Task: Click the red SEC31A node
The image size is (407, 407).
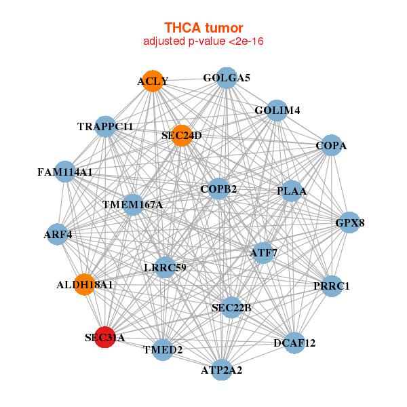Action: [104, 336]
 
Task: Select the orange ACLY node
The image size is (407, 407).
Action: [153, 81]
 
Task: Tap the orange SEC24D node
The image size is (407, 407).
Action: [182, 135]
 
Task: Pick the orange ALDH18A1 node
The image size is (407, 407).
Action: [85, 284]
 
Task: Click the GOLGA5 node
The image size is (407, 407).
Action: [227, 78]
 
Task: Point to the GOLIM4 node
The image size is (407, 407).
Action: [277, 110]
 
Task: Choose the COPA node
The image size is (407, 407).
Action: [330, 145]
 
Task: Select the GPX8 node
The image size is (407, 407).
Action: [349, 222]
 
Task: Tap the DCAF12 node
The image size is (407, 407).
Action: [295, 343]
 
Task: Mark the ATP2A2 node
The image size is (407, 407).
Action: [222, 370]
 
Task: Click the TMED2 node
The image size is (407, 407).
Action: [163, 349]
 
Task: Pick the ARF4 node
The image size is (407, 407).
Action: [58, 235]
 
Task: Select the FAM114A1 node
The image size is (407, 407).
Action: [65, 172]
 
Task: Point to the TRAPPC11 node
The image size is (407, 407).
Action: [105, 126]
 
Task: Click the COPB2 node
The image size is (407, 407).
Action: [218, 188]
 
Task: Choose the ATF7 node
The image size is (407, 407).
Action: [263, 253]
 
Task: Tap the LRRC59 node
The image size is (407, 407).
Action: [166, 267]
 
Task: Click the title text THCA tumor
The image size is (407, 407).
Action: [203, 28]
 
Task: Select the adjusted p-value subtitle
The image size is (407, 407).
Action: [203, 41]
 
